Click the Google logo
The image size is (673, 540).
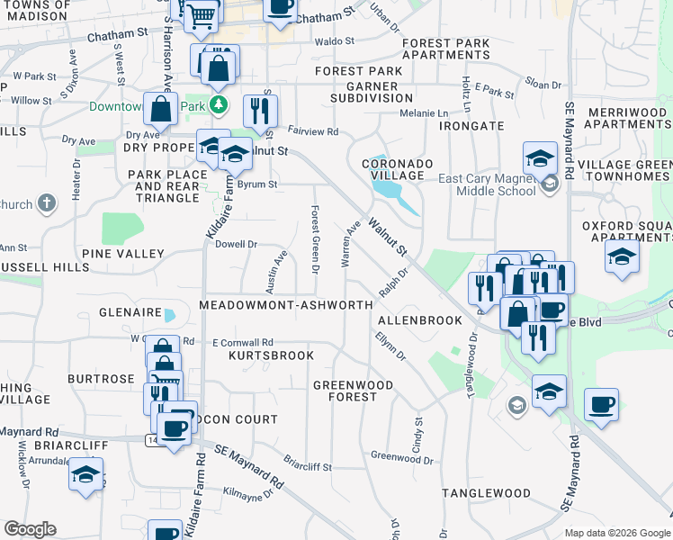[30, 529]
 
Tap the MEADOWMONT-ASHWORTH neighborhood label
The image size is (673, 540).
[285, 305]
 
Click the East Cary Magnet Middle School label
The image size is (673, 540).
[486, 184]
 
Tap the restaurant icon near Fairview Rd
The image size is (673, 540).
[260, 112]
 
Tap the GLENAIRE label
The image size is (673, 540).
[129, 314]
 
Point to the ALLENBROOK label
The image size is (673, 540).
[419, 320]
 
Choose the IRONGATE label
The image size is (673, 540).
[471, 126]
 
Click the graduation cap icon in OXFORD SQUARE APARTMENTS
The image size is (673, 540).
[623, 256]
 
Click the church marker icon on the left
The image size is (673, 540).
[48, 203]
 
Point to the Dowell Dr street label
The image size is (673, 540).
[237, 244]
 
